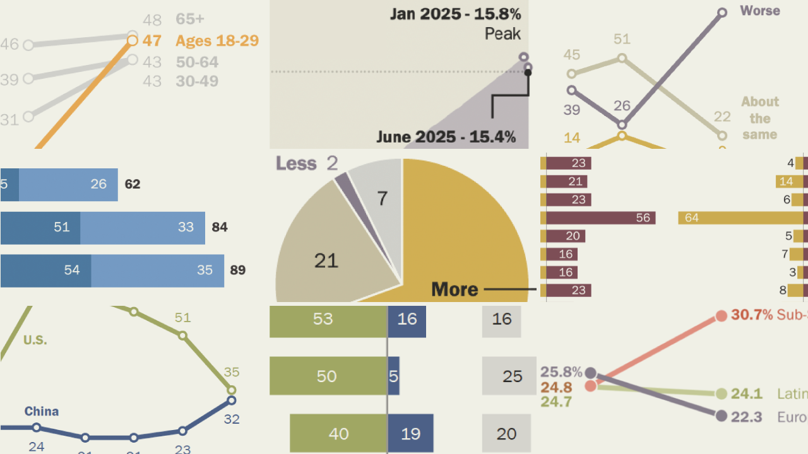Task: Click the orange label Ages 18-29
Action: pos(217,41)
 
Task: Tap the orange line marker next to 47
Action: pos(132,41)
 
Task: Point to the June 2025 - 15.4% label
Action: pos(446,136)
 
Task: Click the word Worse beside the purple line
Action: pos(759,11)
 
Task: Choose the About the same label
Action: pos(759,118)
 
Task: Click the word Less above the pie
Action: pos(296,164)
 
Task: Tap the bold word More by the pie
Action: pos(454,289)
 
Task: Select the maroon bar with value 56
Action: pos(599,218)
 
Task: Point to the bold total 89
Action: pos(238,270)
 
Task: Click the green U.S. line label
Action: pos(35,340)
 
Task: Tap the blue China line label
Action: pos(42,411)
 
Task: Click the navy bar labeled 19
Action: pos(410,433)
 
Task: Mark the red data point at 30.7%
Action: pos(722,315)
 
